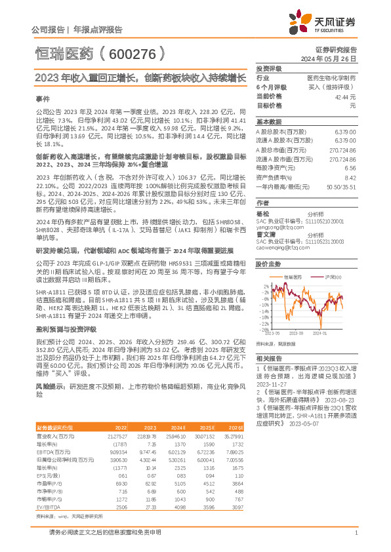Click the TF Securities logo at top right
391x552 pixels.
(x=333, y=24)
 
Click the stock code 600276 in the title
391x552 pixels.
(x=131, y=52)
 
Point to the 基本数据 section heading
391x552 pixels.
(x=268, y=122)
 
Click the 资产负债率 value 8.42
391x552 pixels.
(x=350, y=177)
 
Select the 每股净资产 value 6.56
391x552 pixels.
(x=350, y=168)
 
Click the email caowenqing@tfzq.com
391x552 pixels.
(x=279, y=248)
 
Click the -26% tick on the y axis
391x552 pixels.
(x=263, y=329)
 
